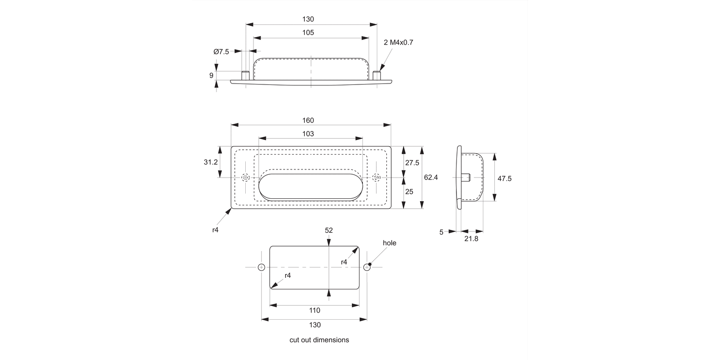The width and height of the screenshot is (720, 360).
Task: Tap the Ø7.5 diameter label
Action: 221,51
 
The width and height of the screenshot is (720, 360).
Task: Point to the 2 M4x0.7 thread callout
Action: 398,42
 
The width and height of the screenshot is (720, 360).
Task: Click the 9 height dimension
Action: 211,75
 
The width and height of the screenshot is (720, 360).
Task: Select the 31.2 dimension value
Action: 211,162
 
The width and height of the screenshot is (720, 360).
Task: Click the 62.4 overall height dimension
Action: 431,177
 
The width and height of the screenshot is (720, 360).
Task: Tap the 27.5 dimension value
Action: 412,163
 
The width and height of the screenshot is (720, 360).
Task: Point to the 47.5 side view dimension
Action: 504,178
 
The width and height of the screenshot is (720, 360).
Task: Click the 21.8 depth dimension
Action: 471,239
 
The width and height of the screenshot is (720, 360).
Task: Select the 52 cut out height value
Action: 329,230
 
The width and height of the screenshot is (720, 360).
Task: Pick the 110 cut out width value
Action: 314,311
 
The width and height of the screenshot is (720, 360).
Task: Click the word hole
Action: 389,243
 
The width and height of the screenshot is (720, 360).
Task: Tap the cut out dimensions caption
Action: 319,340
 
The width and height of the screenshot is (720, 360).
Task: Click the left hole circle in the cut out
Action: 262,267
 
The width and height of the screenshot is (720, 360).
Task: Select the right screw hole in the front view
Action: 376,178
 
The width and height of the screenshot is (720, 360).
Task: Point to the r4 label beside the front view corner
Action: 216,230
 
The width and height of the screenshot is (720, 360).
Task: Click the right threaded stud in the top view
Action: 377,74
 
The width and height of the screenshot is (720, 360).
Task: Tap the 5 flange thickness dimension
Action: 441,232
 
